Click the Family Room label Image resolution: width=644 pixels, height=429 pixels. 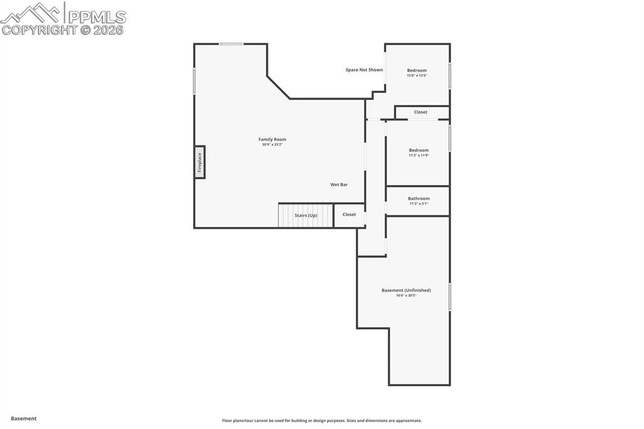point(272,140)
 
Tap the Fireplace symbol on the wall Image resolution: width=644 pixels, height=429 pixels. point(200,162)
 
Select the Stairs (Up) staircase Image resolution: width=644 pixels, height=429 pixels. point(306,215)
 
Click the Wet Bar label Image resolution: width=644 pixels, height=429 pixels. point(339,184)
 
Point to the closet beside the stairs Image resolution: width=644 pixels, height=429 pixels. point(349,214)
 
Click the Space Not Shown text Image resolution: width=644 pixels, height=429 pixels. point(364,70)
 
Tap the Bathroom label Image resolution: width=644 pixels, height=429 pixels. point(418,198)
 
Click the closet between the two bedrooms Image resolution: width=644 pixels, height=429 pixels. point(421,112)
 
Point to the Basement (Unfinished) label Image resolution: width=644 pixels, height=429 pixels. point(406,290)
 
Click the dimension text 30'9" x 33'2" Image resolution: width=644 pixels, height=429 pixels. point(272,145)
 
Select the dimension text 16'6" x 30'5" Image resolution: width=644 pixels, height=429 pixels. point(406,295)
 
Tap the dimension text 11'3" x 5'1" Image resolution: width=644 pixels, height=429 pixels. point(418,204)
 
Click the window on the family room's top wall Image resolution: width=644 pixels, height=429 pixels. point(231,44)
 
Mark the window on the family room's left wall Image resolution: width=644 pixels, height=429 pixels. point(194,81)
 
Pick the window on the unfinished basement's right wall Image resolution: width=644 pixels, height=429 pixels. point(450,297)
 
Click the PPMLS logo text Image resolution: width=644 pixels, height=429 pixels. point(96,17)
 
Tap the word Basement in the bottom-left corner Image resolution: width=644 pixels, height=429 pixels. point(24,418)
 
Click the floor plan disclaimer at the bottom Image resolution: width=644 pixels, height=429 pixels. point(321,421)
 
